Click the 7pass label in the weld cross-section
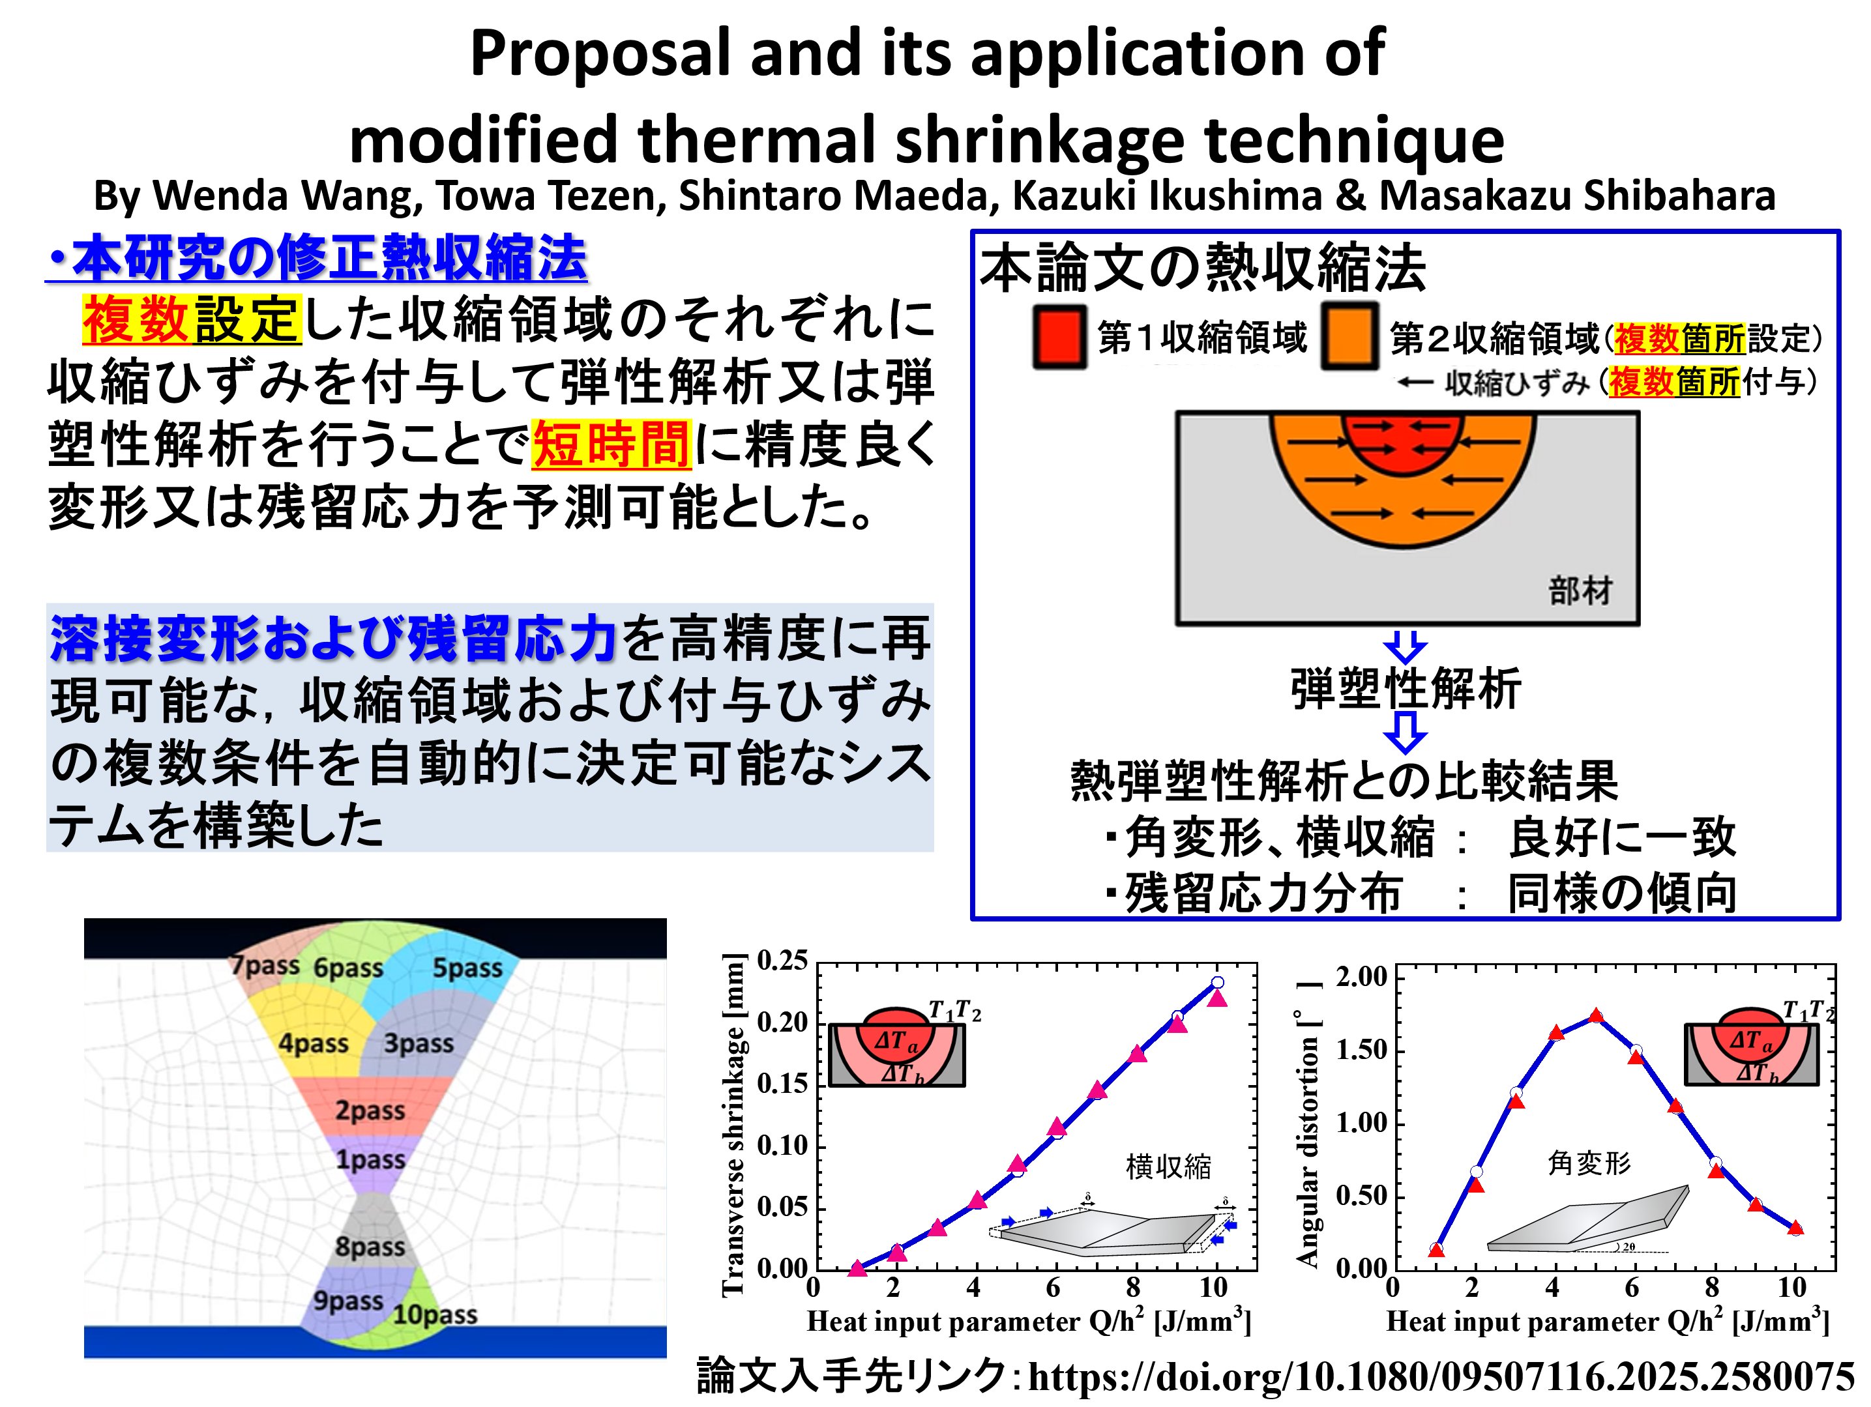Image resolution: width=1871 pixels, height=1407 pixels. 265,966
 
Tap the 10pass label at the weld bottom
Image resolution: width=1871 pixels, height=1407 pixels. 435,1315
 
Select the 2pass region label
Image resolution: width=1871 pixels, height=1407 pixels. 370,1109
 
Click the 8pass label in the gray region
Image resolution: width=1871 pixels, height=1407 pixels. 370,1246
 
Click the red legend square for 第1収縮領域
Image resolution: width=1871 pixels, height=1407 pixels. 1059,336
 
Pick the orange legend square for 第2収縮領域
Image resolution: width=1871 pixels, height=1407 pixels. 1350,336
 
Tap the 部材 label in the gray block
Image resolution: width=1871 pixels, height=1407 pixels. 1580,590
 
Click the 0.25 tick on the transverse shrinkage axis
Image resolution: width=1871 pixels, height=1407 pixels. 782,961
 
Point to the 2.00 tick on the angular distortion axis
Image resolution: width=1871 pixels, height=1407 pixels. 1362,978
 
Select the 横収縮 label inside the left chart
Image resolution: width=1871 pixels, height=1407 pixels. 1168,1167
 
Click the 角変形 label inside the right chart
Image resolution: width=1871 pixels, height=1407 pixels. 1589,1163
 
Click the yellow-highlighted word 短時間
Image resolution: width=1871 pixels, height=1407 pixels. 611,444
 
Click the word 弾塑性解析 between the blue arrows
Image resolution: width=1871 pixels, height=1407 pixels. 1406,688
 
